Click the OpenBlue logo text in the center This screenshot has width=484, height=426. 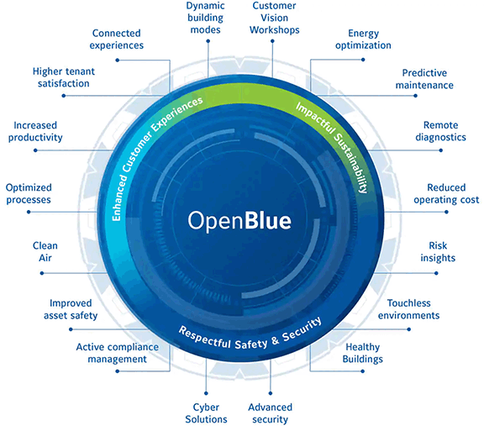239,221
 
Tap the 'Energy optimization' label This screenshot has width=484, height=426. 363,39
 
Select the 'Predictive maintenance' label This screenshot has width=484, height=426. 424,79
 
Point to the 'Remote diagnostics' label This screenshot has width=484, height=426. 440,131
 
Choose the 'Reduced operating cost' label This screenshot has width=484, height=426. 446,193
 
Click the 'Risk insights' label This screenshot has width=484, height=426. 438,251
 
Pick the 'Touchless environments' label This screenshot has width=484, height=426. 408,309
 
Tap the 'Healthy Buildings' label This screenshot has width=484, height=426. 363,353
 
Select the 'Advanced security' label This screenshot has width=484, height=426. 270,413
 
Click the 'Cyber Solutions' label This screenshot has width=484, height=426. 206,413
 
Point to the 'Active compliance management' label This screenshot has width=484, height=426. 118,353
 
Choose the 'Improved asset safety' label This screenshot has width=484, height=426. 71,309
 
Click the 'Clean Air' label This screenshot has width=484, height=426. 45,251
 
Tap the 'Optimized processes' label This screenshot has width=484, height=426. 29,193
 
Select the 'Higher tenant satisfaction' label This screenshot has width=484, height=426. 64,77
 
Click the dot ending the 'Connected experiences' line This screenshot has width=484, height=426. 118,60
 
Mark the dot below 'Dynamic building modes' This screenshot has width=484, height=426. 208,40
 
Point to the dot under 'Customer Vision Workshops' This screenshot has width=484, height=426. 272,40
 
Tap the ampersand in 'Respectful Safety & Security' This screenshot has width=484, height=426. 275,340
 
